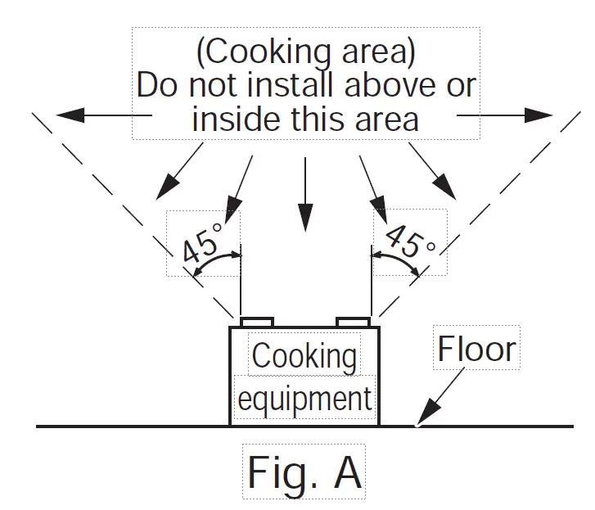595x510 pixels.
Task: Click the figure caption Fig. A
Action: coord(304,472)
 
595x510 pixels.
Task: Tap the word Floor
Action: coord(476,350)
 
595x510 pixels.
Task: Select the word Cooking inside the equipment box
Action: coord(304,355)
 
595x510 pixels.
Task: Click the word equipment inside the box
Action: coord(304,399)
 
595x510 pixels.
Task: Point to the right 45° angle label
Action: coord(408,241)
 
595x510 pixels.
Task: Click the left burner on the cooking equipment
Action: coord(256,320)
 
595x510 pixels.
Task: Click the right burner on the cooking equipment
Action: coord(354,320)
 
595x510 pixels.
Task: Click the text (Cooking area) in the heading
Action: coord(305,52)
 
